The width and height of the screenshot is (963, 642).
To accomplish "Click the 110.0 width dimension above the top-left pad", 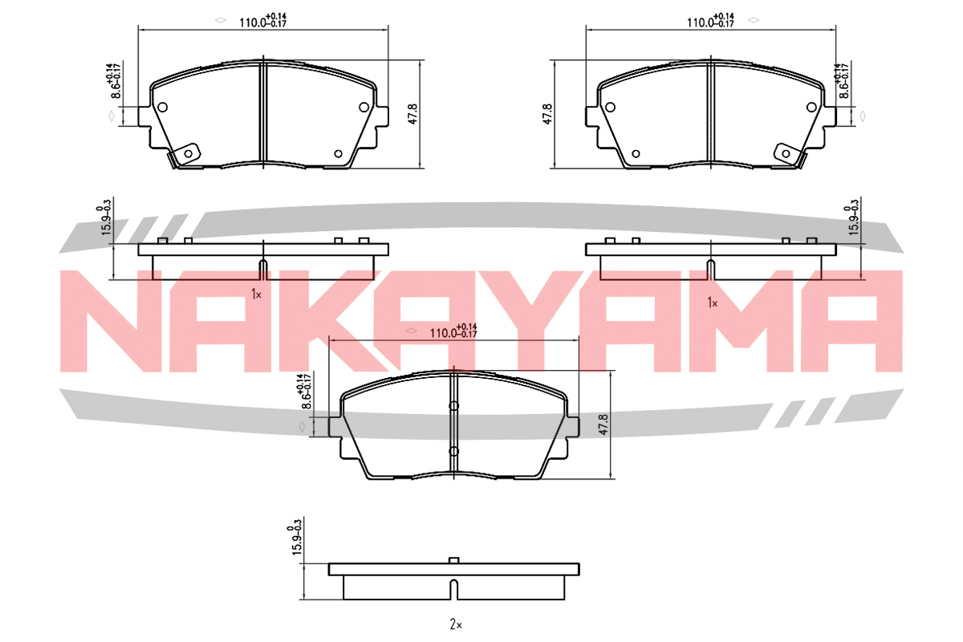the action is (x=262, y=20).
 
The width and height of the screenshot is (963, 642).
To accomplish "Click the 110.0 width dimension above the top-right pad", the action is (x=710, y=20).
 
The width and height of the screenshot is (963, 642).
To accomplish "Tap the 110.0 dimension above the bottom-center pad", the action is (x=453, y=331).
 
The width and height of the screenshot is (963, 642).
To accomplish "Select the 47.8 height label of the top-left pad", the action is (x=412, y=114).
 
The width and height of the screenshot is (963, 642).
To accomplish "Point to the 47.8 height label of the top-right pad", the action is (x=547, y=114).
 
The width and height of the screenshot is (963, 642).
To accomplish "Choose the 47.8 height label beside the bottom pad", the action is (x=603, y=425).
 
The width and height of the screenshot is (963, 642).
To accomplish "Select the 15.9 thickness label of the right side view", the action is (x=852, y=217).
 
